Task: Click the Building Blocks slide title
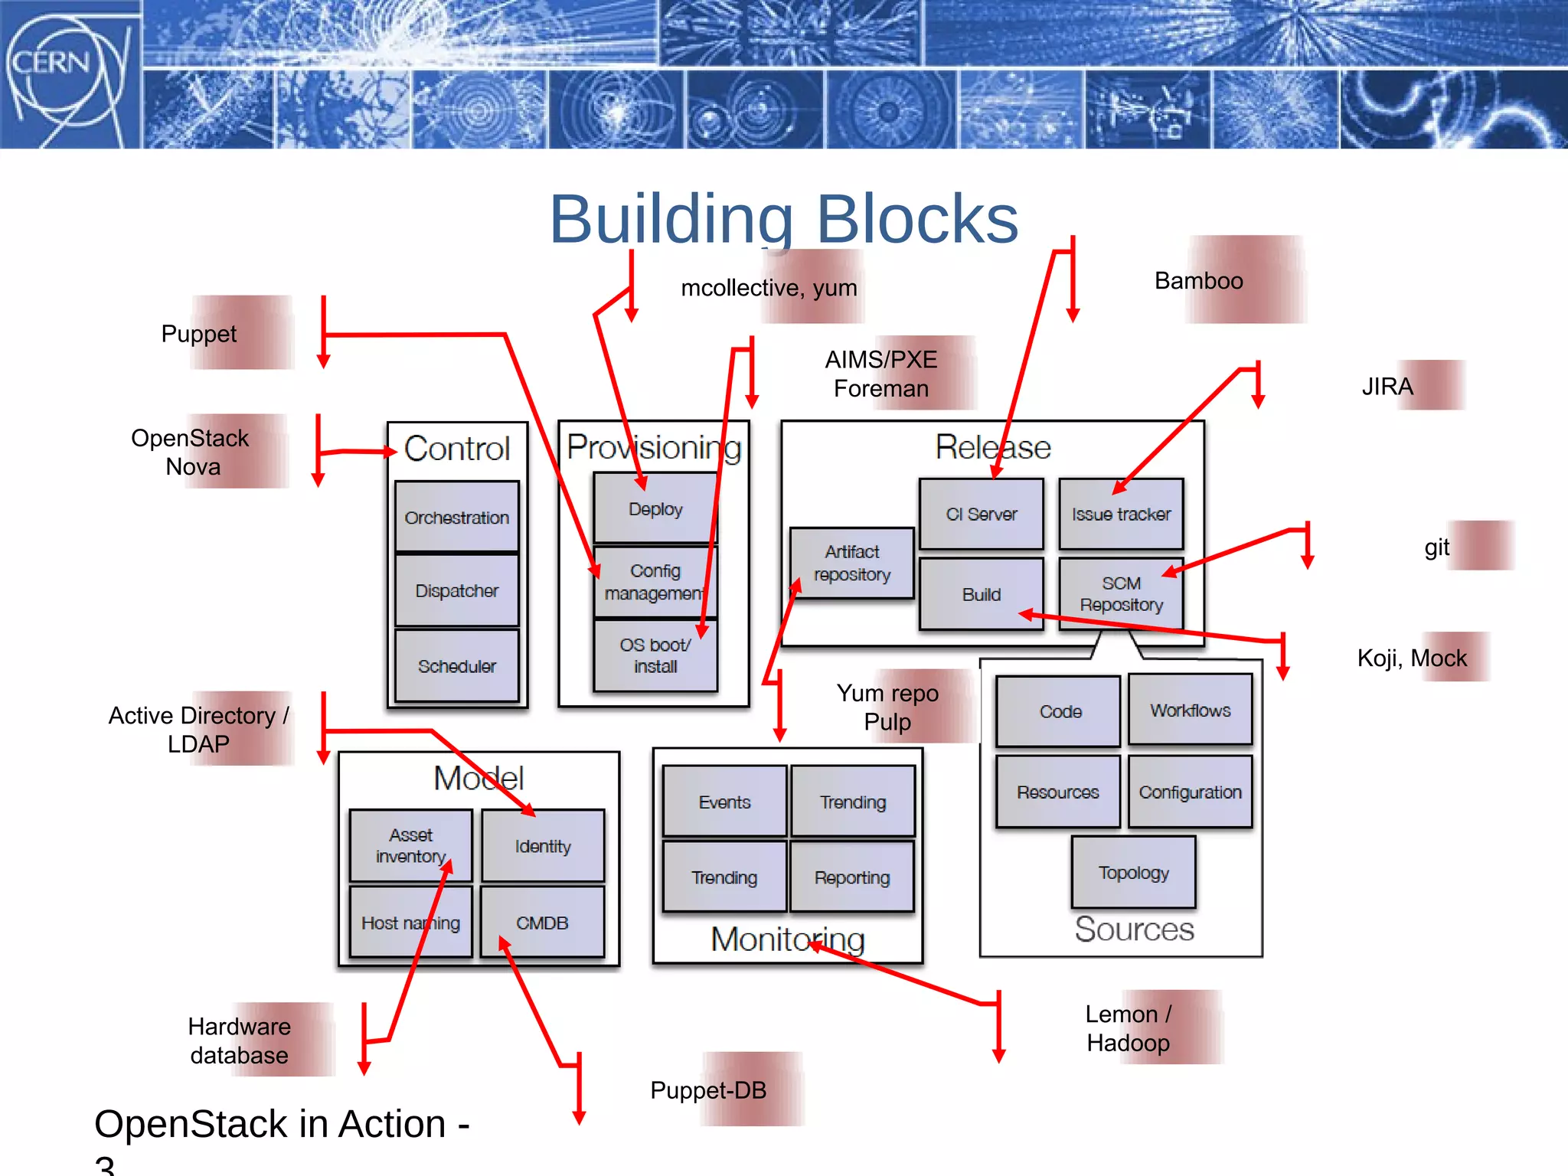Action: pos(783,220)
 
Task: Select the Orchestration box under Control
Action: pos(456,518)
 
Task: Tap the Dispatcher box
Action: pos(456,591)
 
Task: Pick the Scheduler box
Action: pos(456,666)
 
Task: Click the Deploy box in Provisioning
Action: pos(655,509)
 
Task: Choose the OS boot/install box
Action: pos(655,655)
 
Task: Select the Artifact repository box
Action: pos(851,563)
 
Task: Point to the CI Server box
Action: pos(981,514)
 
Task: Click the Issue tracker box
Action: pos(1121,514)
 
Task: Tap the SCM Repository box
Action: pos(1121,594)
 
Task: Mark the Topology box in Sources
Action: pos(1133,873)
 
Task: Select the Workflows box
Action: pos(1190,710)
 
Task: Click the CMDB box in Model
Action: pos(542,923)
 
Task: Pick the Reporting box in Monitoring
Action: pos(851,877)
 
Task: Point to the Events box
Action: pos(724,802)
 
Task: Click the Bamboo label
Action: pos(1199,281)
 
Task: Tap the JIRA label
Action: pos(1387,387)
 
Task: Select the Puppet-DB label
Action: pos(708,1090)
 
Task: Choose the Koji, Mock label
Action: pos(1412,658)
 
